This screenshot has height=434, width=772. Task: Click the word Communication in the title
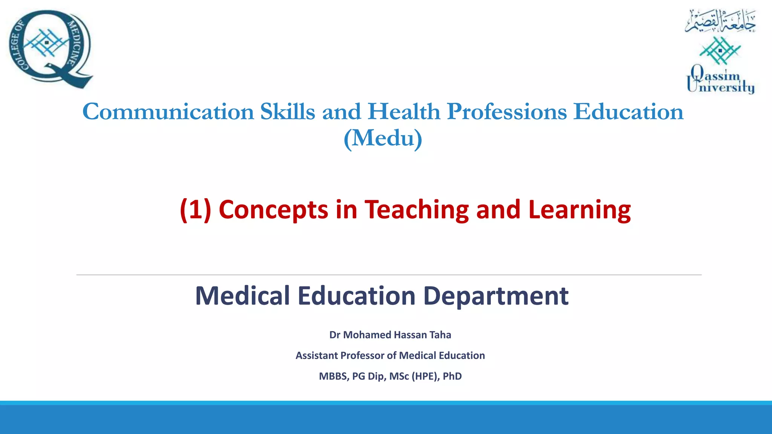[168, 112]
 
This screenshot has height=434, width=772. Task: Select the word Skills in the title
[287, 112]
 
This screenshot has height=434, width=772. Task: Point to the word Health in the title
[404, 112]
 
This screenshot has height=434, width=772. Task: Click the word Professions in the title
[507, 112]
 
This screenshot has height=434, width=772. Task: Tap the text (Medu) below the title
[383, 139]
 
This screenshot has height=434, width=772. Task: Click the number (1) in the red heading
[195, 209]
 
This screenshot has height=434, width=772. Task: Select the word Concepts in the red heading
[273, 209]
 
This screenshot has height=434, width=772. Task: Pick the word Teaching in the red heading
[417, 209]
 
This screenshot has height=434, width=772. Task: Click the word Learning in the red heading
[579, 209]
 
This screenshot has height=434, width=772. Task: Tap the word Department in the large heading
[496, 296]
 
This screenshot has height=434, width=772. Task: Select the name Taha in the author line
[440, 335]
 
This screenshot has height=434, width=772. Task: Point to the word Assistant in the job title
[316, 356]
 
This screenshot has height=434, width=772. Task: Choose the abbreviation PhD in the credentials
[452, 376]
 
